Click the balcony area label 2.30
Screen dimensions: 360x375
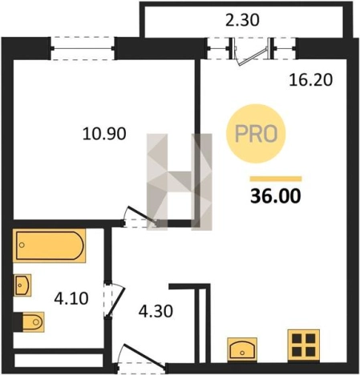click(242, 20)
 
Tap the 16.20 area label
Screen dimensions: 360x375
click(311, 80)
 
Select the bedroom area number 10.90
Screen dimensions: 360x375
click(104, 134)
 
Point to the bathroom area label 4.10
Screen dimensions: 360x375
click(71, 298)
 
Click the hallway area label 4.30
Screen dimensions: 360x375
click(156, 311)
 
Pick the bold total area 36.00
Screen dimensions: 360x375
click(276, 196)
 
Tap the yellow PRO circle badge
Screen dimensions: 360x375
click(256, 134)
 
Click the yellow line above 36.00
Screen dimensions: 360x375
click(276, 179)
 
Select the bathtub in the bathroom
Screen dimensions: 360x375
click(50, 246)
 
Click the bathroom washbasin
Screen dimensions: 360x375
click(22, 285)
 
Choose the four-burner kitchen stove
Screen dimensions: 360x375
click(304, 345)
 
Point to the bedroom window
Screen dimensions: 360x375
click(83, 48)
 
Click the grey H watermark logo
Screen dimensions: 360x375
click(180, 182)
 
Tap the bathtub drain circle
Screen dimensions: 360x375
click(22, 245)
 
